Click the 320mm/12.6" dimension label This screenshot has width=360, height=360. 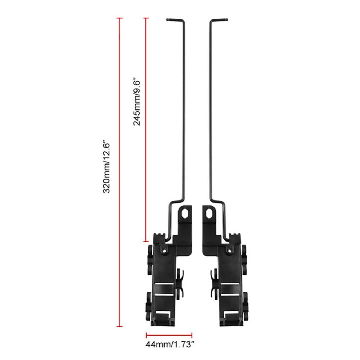tap(107, 167)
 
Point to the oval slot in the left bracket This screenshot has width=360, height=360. tap(184, 213)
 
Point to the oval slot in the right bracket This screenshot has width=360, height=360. tap(209, 213)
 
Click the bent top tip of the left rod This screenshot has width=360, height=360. tap(168, 19)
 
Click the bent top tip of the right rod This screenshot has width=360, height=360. tap(226, 19)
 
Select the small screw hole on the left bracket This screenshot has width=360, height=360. tap(164, 251)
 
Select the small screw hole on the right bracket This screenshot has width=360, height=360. tap(229, 251)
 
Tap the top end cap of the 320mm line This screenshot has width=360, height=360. tap(120, 18)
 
